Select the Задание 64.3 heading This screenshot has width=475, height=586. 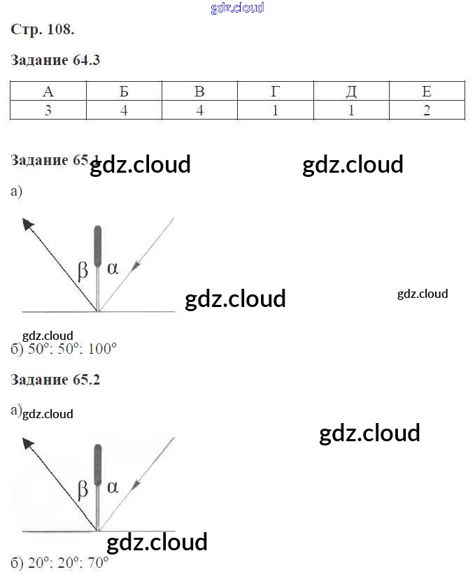pyautogui.click(x=56, y=60)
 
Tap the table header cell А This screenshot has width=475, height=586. pyautogui.click(x=48, y=92)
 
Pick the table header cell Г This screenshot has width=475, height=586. pyautogui.click(x=276, y=92)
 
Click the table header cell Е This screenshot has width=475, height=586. pyautogui.click(x=427, y=92)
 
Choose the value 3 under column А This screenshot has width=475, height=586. pyautogui.click(x=48, y=110)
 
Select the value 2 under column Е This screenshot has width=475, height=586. pyautogui.click(x=427, y=110)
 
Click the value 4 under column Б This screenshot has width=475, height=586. pyautogui.click(x=124, y=110)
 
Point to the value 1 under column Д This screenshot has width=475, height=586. pyautogui.click(x=351, y=110)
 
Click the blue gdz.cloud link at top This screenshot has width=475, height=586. pyautogui.click(x=237, y=8)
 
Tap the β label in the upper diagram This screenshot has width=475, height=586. pyautogui.click(x=83, y=270)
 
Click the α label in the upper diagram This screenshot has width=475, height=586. pyautogui.click(x=113, y=267)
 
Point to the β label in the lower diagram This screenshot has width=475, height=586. pyautogui.click(x=83, y=489)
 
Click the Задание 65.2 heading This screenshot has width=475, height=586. pyautogui.click(x=56, y=380)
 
